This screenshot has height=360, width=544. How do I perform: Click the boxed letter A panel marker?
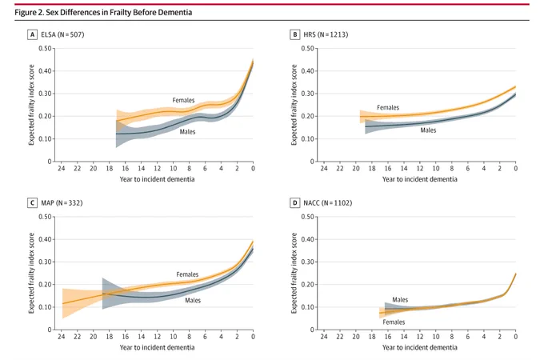pos(32,34)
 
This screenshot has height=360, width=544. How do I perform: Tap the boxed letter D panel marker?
pos(294,203)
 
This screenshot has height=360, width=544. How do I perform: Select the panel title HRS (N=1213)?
pos(326,34)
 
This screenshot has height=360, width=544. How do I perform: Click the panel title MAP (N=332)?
pos(62,203)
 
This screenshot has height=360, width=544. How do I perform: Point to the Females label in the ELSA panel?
pos(183,100)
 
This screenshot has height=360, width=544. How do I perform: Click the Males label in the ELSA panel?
pos(187,132)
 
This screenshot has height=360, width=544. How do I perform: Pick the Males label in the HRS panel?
pos(428,130)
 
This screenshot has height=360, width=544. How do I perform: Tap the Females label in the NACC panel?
pos(394,322)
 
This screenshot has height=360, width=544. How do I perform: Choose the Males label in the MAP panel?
pos(193,300)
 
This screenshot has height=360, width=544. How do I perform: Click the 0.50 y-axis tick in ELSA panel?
pos(45,48)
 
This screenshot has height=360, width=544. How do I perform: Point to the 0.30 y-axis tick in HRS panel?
pos(307,94)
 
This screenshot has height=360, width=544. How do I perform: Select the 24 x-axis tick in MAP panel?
pos(62,337)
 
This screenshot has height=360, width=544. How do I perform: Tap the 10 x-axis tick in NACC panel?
pos(436,337)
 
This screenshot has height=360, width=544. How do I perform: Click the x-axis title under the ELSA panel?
pos(157,179)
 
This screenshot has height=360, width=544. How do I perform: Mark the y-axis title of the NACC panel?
pos(294,273)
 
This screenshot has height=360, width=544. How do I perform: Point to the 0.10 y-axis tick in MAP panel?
pos(45,307)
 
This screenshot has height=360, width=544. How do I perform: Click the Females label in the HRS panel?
pos(388,107)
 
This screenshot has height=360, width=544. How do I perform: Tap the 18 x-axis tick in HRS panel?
pos(372,168)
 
